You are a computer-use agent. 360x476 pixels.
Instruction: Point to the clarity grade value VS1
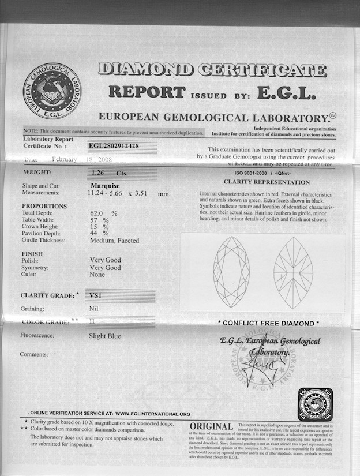click(93, 295)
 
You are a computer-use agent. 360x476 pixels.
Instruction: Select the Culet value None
click(98, 275)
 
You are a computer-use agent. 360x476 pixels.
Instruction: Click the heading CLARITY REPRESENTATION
click(266, 182)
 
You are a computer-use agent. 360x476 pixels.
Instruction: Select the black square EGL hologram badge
click(316, 404)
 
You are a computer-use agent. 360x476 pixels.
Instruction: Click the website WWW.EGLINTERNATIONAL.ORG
click(152, 414)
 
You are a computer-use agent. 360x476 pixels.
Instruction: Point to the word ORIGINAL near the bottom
click(211, 427)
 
